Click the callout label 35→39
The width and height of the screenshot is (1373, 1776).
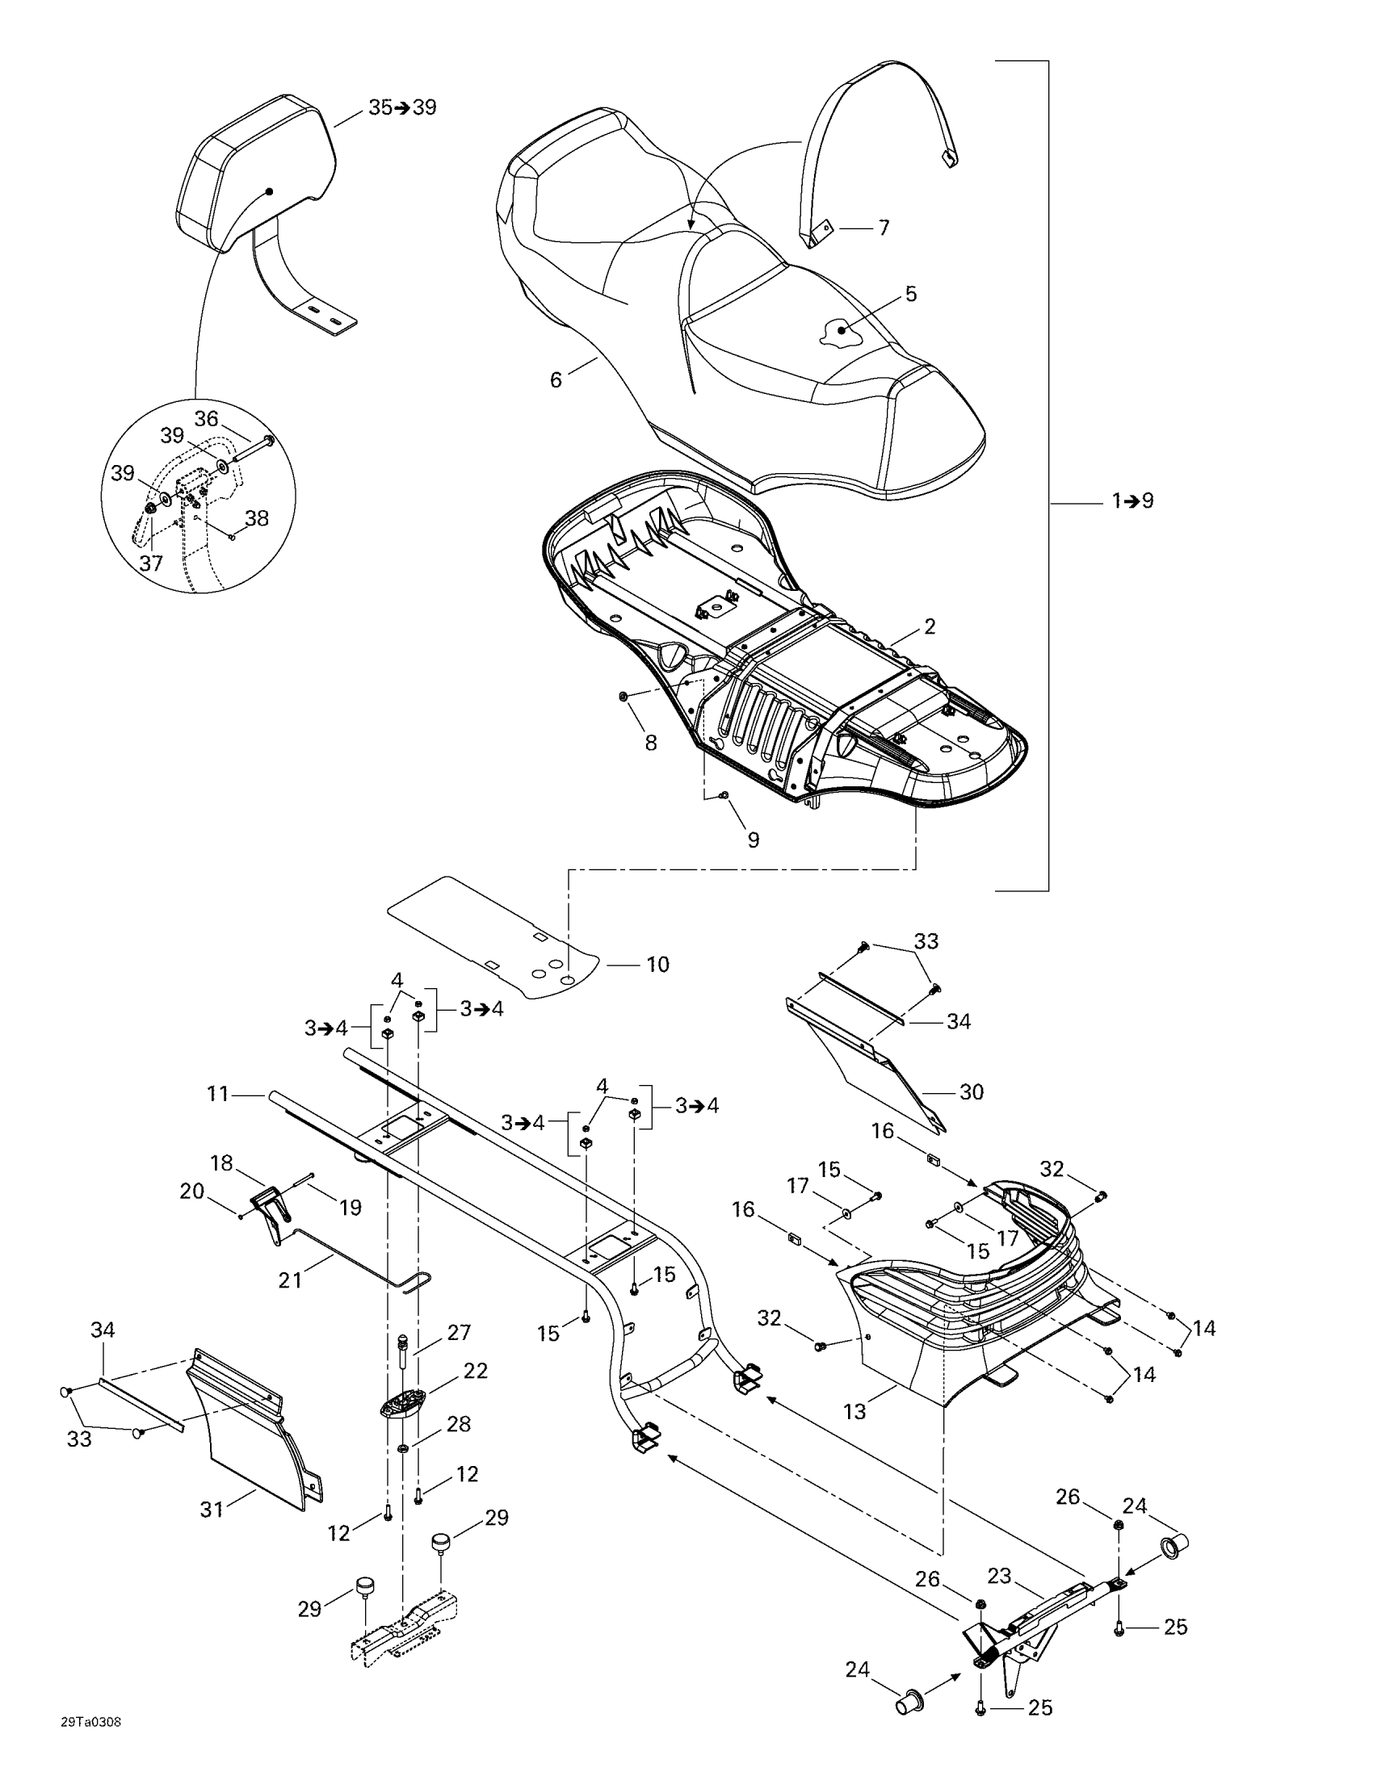click(402, 107)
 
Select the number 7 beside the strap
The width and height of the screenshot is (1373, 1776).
click(884, 228)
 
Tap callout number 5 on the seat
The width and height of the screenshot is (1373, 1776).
click(911, 295)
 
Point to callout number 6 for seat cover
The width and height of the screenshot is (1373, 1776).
click(556, 379)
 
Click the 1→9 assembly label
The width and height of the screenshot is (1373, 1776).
click(1133, 501)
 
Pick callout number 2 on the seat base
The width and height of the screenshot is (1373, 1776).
click(930, 626)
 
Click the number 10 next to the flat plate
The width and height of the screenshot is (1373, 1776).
click(657, 965)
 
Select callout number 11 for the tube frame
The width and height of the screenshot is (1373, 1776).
click(218, 1094)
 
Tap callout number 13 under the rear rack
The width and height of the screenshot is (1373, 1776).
click(854, 1411)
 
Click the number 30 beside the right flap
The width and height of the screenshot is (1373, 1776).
click(972, 1091)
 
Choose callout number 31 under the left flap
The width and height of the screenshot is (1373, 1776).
click(212, 1510)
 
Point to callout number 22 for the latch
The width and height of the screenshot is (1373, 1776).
click(475, 1371)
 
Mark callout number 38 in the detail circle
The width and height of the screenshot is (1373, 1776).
click(257, 518)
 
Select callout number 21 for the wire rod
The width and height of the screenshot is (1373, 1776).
click(290, 1280)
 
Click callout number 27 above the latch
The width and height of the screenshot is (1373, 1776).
click(460, 1333)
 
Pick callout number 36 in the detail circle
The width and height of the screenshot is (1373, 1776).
click(206, 419)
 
